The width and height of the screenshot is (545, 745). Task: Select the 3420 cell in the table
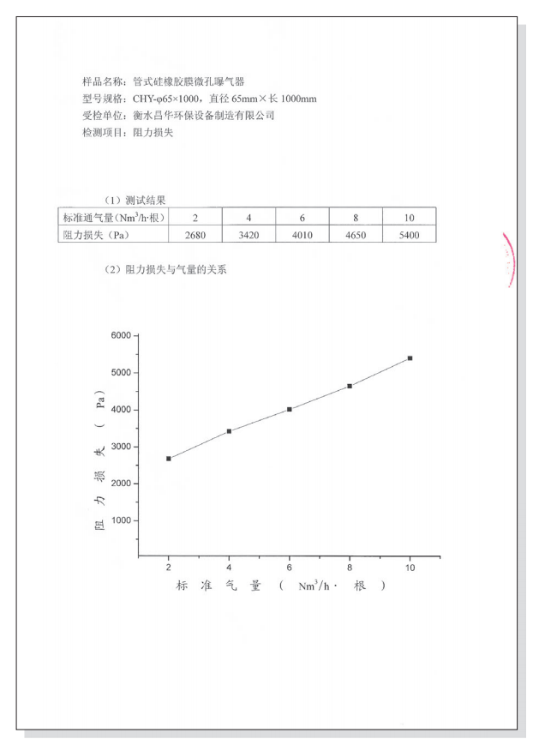tap(249, 235)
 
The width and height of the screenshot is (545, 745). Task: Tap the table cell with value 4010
tap(302, 235)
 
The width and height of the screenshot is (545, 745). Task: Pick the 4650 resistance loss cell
tap(356, 235)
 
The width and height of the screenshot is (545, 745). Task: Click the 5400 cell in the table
tap(409, 235)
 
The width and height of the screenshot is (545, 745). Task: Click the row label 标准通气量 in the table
tap(111, 218)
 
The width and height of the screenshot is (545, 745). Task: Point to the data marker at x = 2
tap(169, 459)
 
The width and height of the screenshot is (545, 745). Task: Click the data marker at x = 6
tap(290, 409)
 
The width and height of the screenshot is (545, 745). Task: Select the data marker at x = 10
tap(410, 358)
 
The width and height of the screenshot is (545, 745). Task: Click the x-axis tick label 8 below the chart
tap(350, 568)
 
